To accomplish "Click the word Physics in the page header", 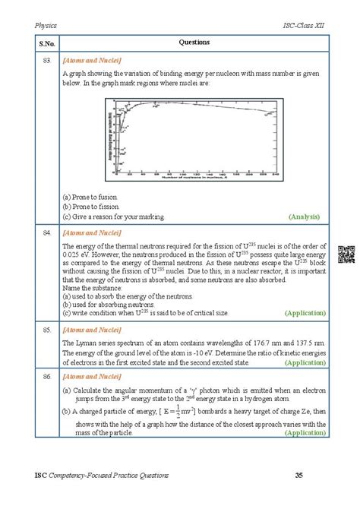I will click(47, 25).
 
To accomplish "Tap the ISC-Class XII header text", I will click(305, 25).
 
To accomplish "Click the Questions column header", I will click(194, 43).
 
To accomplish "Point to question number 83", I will click(47, 59).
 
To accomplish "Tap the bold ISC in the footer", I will click(41, 476).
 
